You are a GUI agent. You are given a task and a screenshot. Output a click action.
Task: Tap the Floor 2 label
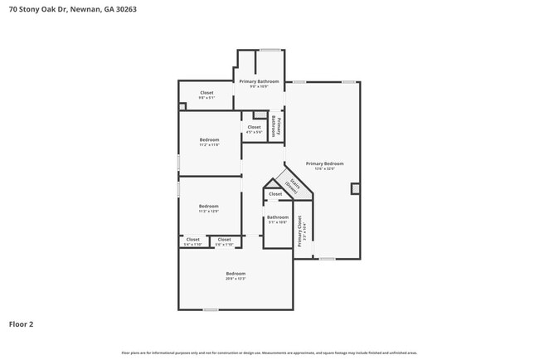click(x=22, y=324)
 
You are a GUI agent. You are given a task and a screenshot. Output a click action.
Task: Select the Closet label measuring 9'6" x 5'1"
click(x=206, y=95)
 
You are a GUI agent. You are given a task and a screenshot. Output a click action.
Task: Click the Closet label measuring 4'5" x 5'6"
click(x=254, y=129)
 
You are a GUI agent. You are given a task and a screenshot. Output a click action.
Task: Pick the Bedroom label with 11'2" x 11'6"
click(x=209, y=142)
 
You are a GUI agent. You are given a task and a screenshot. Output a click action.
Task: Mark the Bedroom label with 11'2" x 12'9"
click(x=208, y=208)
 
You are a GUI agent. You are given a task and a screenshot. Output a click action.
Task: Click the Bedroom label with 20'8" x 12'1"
click(x=236, y=276)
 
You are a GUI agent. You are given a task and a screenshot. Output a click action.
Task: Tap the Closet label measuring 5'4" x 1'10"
click(x=192, y=241)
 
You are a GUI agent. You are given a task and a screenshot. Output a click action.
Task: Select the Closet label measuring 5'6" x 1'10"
click(x=224, y=241)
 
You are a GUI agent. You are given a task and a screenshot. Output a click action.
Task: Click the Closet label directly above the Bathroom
click(x=275, y=194)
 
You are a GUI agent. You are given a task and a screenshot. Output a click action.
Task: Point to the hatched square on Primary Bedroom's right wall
click(x=356, y=188)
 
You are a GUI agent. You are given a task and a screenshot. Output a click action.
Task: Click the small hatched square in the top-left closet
click(x=182, y=105)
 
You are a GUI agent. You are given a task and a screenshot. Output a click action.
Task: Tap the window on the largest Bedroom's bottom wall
click(x=211, y=309)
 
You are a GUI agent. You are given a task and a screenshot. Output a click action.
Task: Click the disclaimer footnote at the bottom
click(x=269, y=353)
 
